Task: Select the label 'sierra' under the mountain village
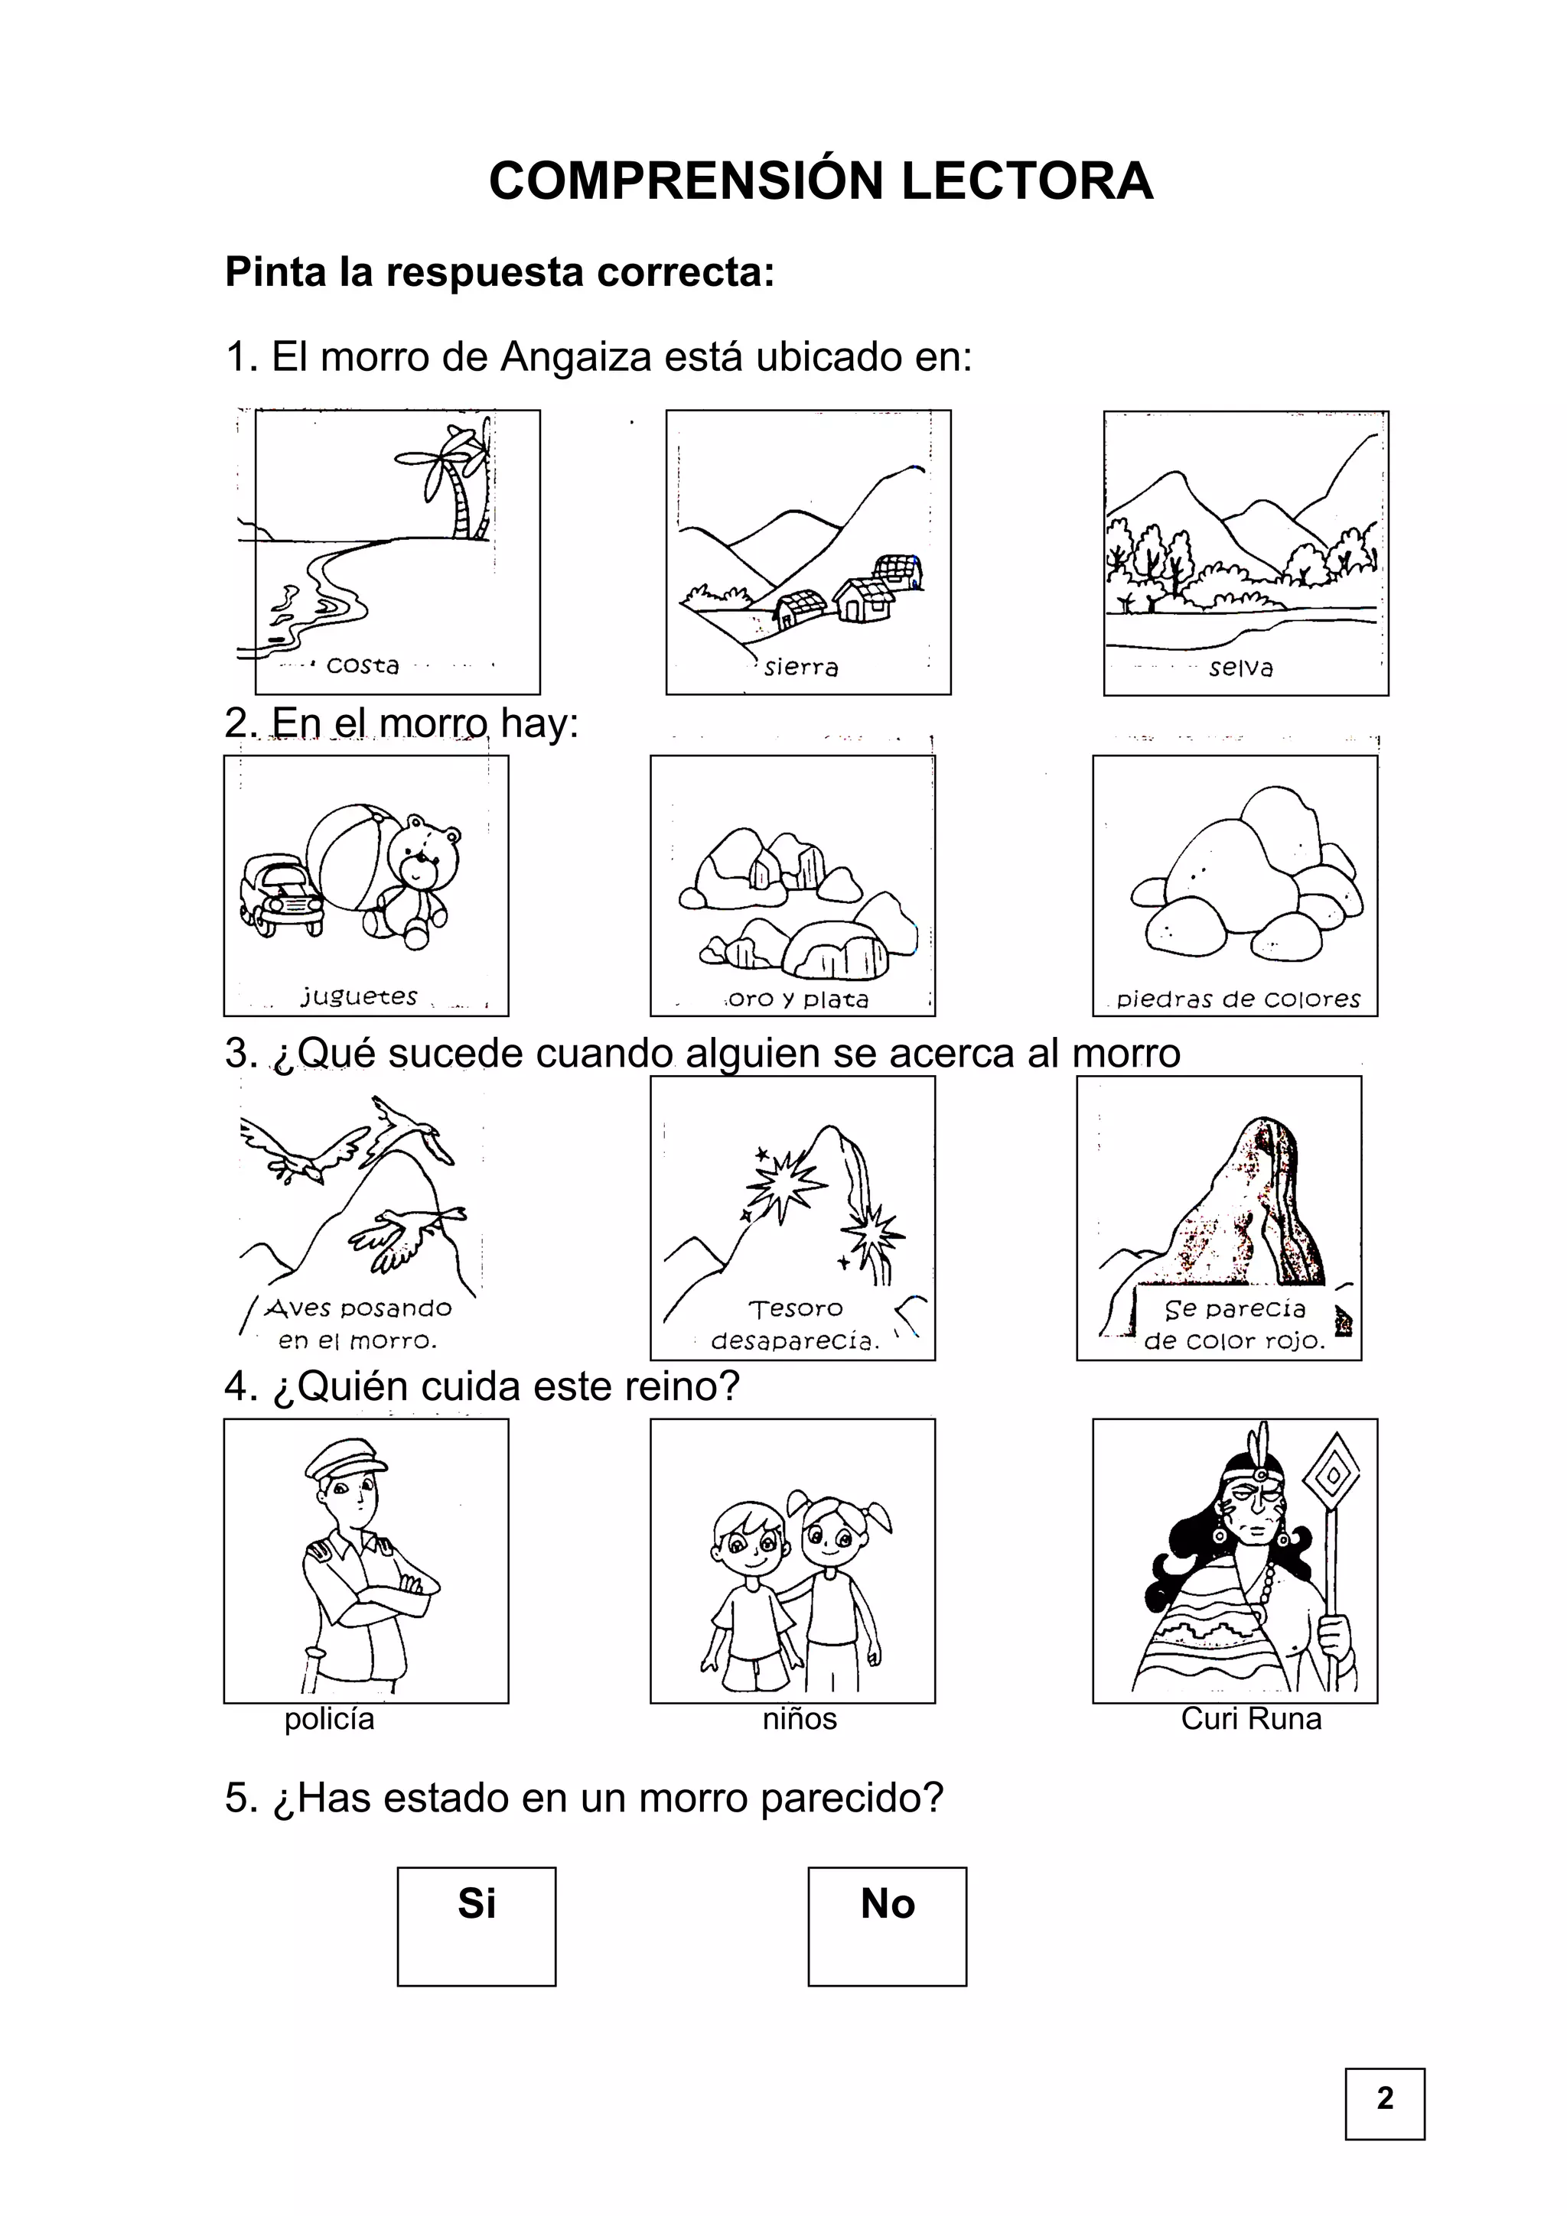(800, 667)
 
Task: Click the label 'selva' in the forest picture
(1240, 667)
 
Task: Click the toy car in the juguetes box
(280, 894)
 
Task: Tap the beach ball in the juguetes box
(353, 858)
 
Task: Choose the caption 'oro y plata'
(799, 999)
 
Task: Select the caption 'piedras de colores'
(1239, 999)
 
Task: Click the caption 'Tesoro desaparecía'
(796, 1324)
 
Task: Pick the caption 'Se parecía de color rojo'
(1235, 1324)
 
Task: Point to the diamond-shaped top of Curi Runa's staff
(1332, 1475)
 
